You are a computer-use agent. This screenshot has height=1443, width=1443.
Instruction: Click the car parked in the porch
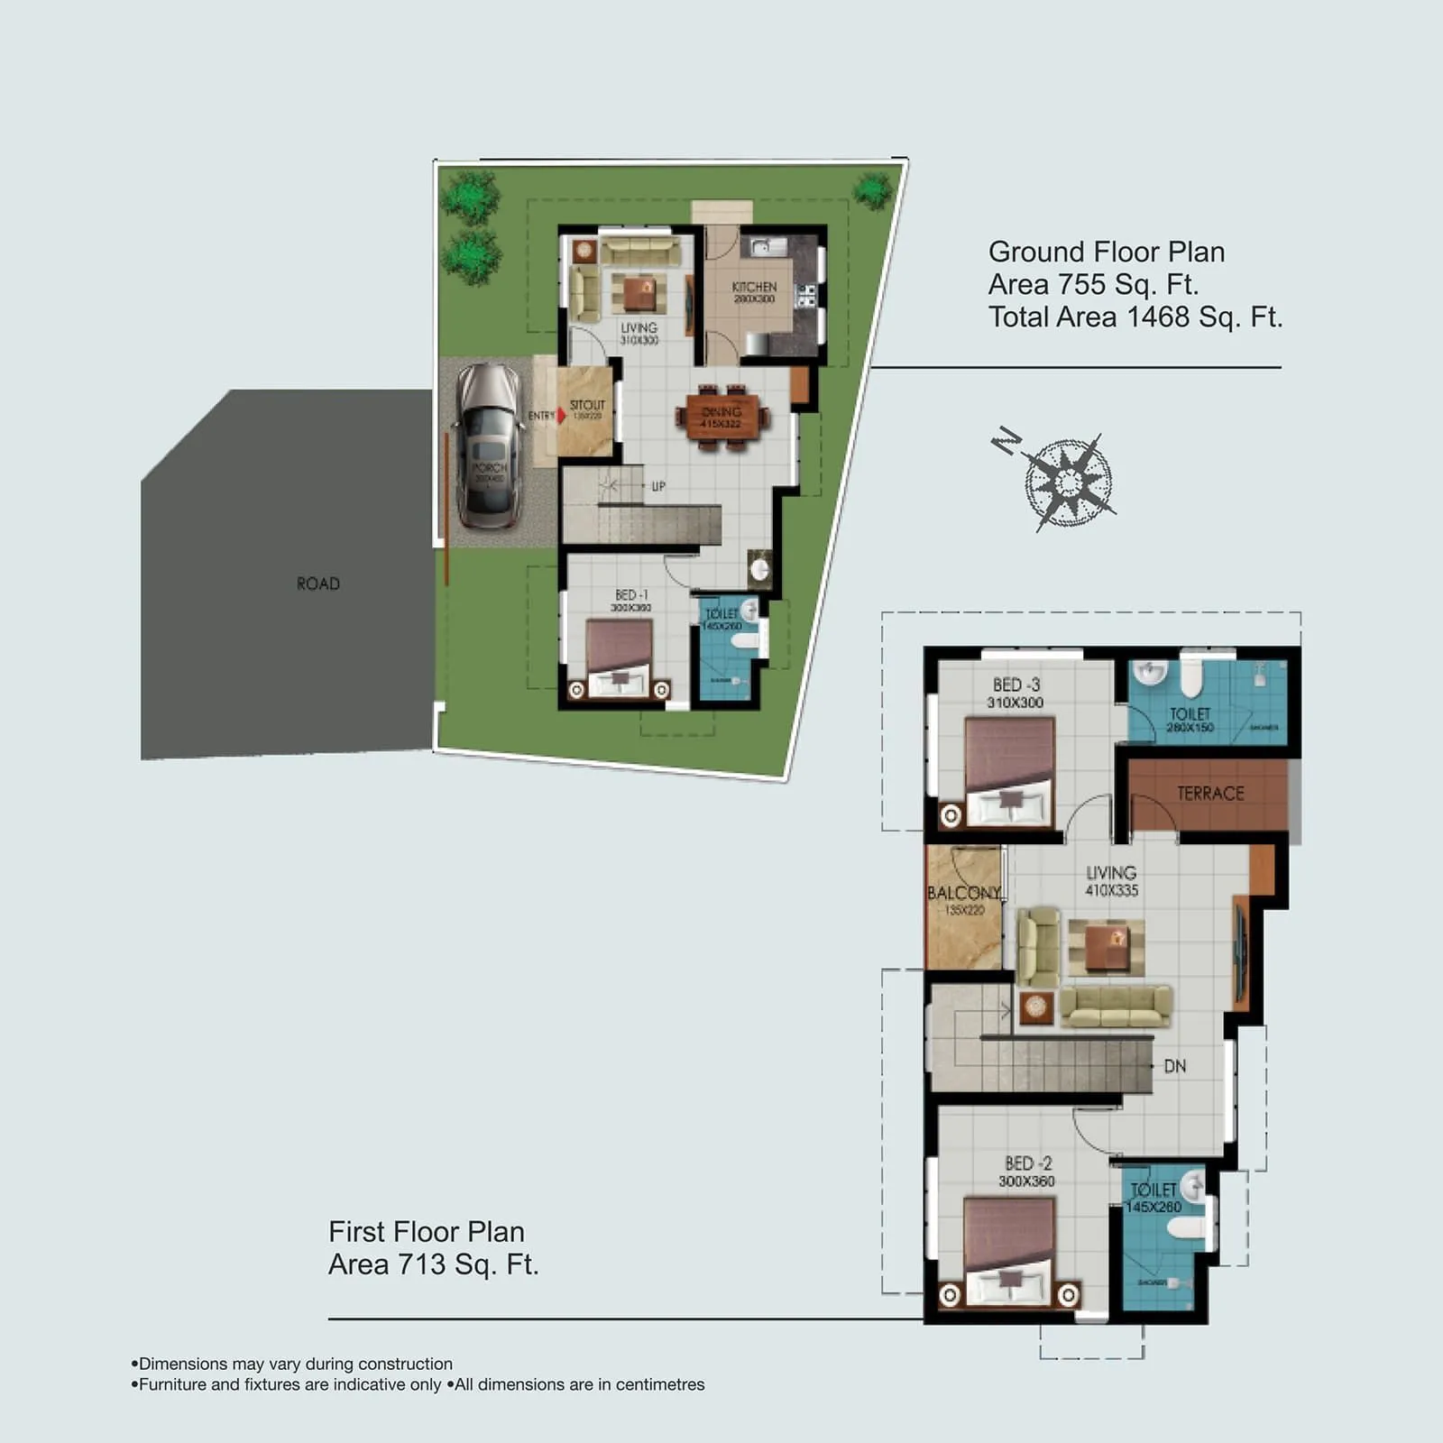pos(489,446)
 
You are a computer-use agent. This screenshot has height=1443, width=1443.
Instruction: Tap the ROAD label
pos(318,584)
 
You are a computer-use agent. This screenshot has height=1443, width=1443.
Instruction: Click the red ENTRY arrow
pos(561,416)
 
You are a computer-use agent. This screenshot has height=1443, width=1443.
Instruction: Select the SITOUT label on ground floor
pos(587,405)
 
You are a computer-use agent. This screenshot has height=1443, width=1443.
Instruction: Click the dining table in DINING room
pos(721,417)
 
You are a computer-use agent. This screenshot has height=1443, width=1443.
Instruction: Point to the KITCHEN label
pos(754,287)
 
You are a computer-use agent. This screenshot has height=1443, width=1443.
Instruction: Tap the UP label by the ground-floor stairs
pos(658,486)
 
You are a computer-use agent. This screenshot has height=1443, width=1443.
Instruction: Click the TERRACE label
pos(1210,794)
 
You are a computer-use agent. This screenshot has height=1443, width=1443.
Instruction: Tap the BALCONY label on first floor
pos(964,893)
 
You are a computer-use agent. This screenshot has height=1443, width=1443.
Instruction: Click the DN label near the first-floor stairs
pos(1174,1066)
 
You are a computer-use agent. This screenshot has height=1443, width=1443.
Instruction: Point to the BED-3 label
pos(1016,685)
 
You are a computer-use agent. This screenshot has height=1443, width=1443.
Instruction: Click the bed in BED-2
pos(1008,1250)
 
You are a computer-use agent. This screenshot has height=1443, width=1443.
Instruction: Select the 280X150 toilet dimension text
pos(1190,727)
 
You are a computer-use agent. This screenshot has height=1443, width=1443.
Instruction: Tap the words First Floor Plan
pos(426,1232)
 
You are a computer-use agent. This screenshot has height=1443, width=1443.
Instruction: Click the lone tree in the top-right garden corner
pos(872,191)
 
